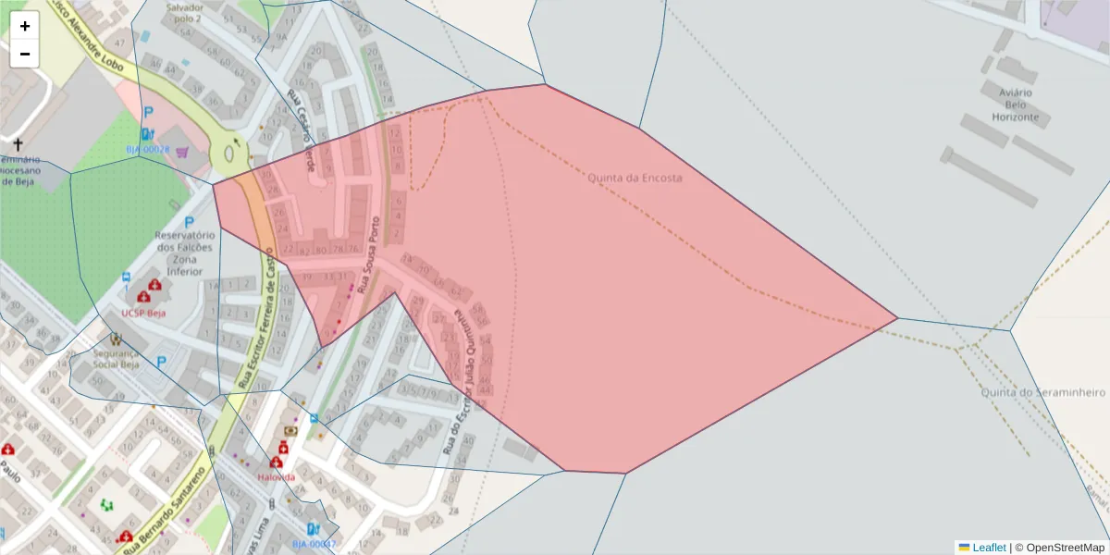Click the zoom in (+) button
(x=25, y=26)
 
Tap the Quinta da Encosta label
(x=635, y=178)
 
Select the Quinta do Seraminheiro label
(x=1042, y=392)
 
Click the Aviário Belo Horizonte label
(x=1015, y=105)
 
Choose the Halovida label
(x=276, y=476)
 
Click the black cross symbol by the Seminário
(x=18, y=145)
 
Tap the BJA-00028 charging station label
(x=148, y=149)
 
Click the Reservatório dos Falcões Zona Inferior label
(x=184, y=253)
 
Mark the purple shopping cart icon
(x=181, y=152)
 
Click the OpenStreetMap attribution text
(x=1065, y=547)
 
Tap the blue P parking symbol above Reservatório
(x=190, y=223)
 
